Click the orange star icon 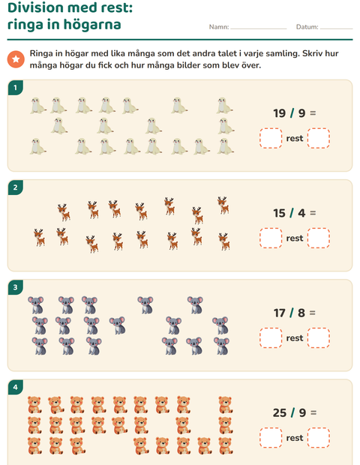[x=16, y=59]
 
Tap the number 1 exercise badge [x=16, y=88]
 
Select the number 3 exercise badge [x=16, y=287]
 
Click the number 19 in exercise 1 [x=279, y=113]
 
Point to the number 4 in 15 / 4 [x=301, y=213]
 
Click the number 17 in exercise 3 [x=279, y=313]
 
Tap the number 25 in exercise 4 [x=280, y=412]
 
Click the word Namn [x=219, y=27]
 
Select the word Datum [x=307, y=27]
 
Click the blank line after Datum [x=337, y=29]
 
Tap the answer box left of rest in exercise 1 [x=271, y=138]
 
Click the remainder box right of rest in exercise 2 [x=319, y=238]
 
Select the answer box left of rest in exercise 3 [x=271, y=337]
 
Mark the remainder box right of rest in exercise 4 [x=319, y=438]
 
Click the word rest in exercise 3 [x=295, y=338]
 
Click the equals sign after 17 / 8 [x=313, y=313]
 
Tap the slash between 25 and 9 [x=292, y=412]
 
